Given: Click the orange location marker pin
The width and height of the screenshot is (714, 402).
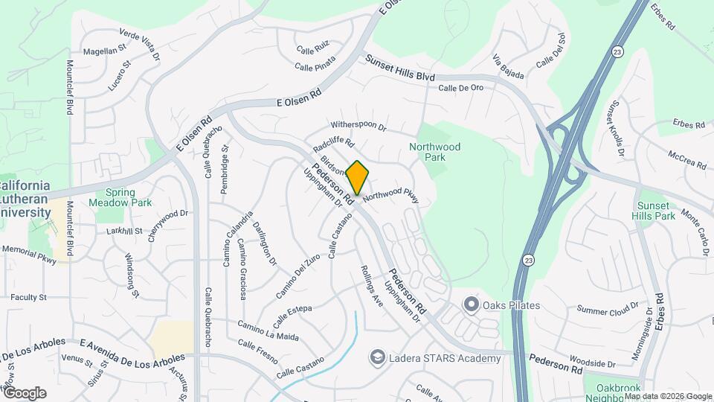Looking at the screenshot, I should click(x=357, y=178).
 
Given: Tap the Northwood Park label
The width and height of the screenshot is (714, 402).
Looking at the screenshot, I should click(x=435, y=153).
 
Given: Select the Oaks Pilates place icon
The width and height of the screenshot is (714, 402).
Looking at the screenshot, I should click(x=470, y=304).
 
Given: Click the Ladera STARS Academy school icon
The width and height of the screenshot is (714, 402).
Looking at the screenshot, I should click(x=378, y=359).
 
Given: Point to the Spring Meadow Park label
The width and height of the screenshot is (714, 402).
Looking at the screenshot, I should click(x=120, y=197).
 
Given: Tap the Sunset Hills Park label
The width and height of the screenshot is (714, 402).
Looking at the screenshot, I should click(x=655, y=211).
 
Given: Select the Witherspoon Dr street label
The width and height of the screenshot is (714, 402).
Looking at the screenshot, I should click(x=358, y=127).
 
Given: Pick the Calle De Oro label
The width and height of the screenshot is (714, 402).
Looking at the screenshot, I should click(x=461, y=88).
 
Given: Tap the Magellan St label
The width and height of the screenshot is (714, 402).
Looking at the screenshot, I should click(x=103, y=51).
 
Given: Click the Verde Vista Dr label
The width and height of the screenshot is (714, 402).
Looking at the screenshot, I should click(x=140, y=44).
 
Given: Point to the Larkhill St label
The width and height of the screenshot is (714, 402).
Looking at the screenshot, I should click(x=123, y=232).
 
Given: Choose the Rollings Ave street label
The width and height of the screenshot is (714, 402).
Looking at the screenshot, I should click(x=371, y=286).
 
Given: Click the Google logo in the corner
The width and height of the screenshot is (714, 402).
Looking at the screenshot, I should click(x=24, y=393).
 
